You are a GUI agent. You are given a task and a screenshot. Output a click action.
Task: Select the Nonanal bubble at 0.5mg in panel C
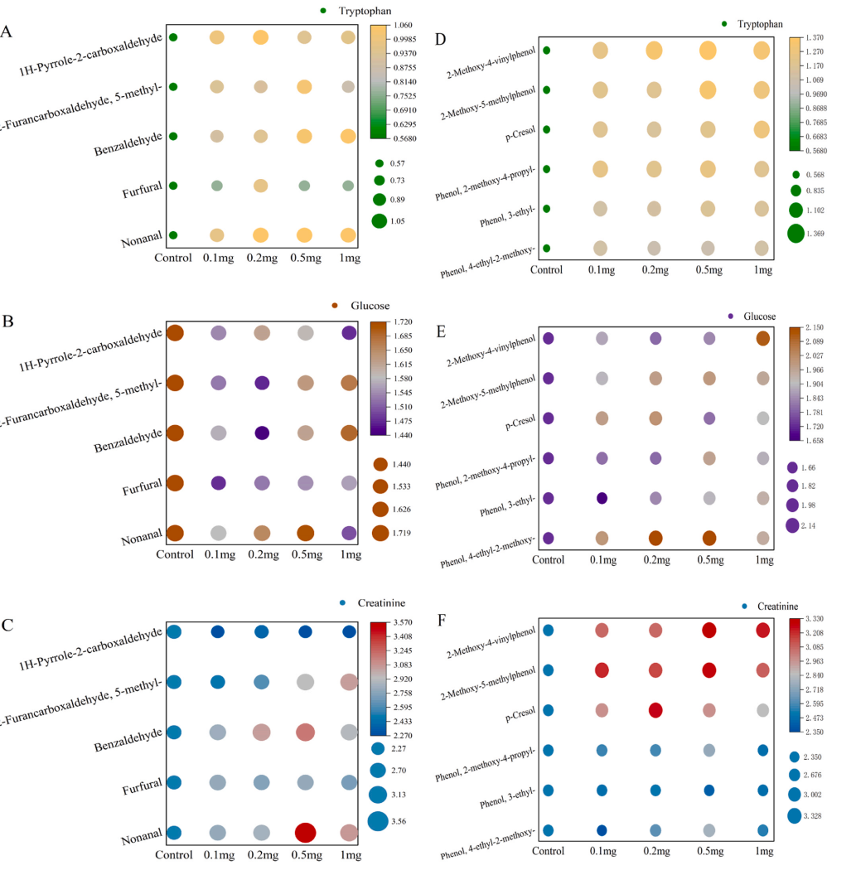click(304, 833)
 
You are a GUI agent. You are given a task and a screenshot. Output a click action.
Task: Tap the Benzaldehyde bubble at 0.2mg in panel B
click(261, 433)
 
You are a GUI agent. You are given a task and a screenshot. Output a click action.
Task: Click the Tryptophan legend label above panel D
click(759, 25)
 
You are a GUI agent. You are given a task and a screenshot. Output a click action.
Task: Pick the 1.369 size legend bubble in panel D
click(796, 234)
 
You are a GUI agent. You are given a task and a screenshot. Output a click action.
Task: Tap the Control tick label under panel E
click(548, 560)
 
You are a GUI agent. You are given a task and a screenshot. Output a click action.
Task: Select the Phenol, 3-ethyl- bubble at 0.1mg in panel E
click(602, 498)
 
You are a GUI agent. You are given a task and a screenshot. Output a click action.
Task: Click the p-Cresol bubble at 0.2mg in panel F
click(655, 710)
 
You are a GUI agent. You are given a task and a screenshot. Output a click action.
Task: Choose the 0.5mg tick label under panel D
click(707, 269)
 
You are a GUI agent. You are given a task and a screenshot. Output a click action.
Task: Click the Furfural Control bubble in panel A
click(173, 186)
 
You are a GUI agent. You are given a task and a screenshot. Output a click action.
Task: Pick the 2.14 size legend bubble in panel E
click(793, 525)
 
